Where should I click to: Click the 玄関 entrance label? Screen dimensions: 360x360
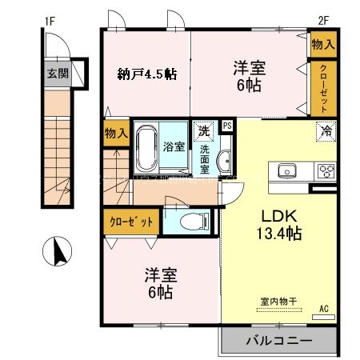[56, 74]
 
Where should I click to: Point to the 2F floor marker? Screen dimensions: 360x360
[323, 20]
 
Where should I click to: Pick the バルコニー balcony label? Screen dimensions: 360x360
[278, 340]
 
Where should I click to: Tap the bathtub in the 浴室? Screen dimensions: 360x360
[146, 148]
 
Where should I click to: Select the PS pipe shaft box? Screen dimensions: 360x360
[227, 126]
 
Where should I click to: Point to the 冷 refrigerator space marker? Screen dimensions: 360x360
[326, 130]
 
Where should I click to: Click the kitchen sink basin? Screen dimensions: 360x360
[286, 170]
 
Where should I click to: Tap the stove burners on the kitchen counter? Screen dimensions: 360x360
[326, 170]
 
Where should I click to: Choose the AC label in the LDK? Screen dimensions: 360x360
[324, 308]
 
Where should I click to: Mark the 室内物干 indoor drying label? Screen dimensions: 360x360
[278, 302]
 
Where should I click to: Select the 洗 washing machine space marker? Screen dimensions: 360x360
[203, 130]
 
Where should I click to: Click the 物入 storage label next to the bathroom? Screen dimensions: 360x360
[115, 134]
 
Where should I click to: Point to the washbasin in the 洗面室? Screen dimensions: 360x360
[224, 160]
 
